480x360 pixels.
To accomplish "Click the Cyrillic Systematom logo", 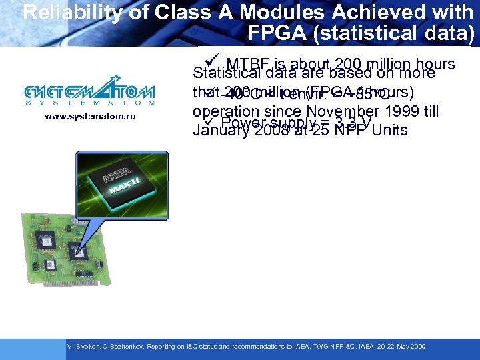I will [x=89, y=93].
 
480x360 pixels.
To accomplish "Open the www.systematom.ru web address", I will [x=90, y=117].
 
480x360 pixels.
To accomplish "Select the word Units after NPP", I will [x=389, y=130].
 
